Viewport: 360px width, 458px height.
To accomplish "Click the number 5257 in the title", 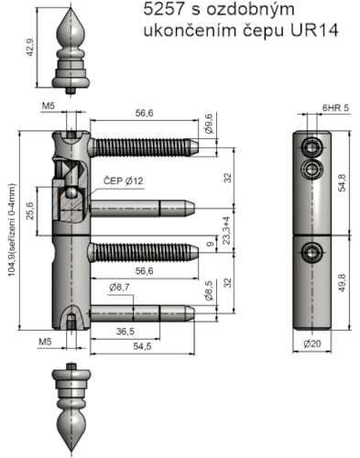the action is (164, 9).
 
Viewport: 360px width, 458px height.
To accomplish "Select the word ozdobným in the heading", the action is (250, 10).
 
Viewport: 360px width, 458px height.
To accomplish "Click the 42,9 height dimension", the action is (30, 48).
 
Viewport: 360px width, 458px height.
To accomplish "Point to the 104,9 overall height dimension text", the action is (12, 230).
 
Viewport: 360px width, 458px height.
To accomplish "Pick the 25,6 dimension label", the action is (30, 211).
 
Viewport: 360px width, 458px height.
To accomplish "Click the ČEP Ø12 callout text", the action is (124, 181).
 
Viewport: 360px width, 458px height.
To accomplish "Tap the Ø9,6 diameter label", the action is (209, 124).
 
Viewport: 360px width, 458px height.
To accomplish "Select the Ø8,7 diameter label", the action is (119, 288).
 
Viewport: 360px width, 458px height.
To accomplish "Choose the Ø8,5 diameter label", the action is (210, 291).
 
